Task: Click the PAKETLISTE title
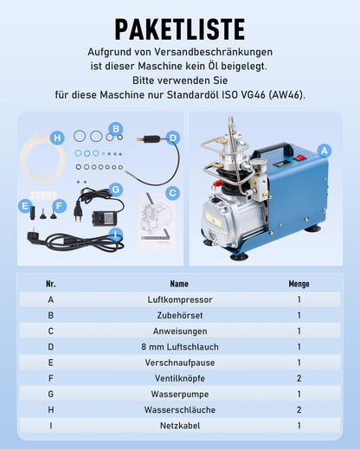(180, 29)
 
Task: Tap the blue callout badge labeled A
(325, 151)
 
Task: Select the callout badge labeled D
(173, 138)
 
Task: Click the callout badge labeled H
(57, 138)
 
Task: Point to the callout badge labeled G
(116, 190)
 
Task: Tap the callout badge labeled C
(172, 193)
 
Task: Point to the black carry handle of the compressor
(274, 148)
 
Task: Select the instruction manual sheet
(156, 221)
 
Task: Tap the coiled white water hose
(42, 157)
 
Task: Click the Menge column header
(299, 284)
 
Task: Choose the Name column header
(179, 284)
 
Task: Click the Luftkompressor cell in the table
(180, 299)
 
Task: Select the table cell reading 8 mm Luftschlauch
(180, 347)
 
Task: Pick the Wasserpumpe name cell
(180, 394)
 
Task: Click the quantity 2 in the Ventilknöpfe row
(299, 378)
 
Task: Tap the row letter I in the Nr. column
(51, 426)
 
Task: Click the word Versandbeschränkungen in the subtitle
(214, 52)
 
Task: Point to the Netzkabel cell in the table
(180, 426)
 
